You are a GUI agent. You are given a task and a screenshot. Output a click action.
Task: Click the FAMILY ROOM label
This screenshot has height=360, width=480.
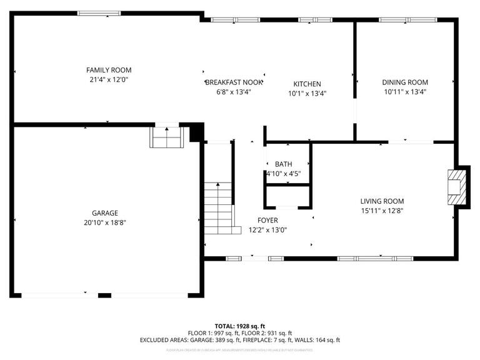[109, 70]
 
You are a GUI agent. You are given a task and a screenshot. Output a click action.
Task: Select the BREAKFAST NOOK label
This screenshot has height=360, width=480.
[234, 82]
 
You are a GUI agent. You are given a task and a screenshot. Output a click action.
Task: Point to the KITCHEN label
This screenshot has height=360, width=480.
[307, 84]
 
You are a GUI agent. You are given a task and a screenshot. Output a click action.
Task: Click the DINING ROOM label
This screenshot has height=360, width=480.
[405, 82]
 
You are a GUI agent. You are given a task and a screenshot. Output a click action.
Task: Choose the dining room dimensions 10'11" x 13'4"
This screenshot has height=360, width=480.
[405, 92]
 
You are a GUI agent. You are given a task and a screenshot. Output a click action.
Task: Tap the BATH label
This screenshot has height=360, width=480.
[283, 164]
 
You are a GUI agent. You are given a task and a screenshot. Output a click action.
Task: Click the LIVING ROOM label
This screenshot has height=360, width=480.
[382, 201]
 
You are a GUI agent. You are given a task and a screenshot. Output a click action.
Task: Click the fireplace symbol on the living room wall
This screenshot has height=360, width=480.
[456, 186]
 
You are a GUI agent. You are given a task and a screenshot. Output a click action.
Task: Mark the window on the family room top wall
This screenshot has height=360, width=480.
[99, 12]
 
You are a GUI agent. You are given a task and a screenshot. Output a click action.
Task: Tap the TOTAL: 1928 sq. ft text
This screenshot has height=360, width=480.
[240, 326]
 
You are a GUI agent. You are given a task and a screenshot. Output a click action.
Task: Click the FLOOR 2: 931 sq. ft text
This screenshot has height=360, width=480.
[265, 333]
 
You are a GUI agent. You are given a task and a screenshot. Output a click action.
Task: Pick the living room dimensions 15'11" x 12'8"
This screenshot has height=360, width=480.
[382, 211]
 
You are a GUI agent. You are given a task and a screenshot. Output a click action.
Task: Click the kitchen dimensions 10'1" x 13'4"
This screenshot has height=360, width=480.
[307, 93]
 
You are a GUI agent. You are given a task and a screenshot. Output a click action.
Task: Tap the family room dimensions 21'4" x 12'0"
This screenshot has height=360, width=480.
[109, 79]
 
